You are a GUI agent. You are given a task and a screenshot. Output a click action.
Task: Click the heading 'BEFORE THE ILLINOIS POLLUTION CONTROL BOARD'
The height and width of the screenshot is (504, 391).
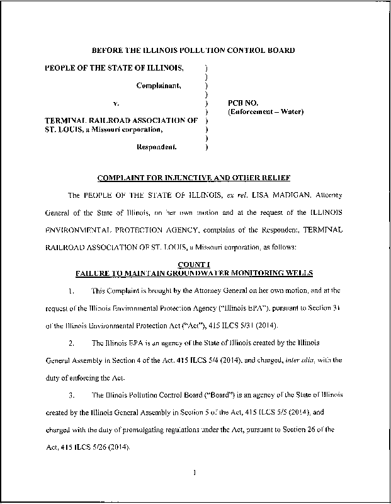click(194, 50)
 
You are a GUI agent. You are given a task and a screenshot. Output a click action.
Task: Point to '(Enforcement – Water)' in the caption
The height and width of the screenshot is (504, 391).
click(265, 112)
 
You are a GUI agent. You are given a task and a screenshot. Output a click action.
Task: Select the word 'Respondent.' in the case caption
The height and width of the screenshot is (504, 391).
click(157, 147)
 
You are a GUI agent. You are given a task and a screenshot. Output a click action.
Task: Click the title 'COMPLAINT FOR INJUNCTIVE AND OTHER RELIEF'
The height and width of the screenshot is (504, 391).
click(193, 177)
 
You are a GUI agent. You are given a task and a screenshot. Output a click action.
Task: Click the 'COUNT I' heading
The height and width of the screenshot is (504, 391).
click(193, 265)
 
